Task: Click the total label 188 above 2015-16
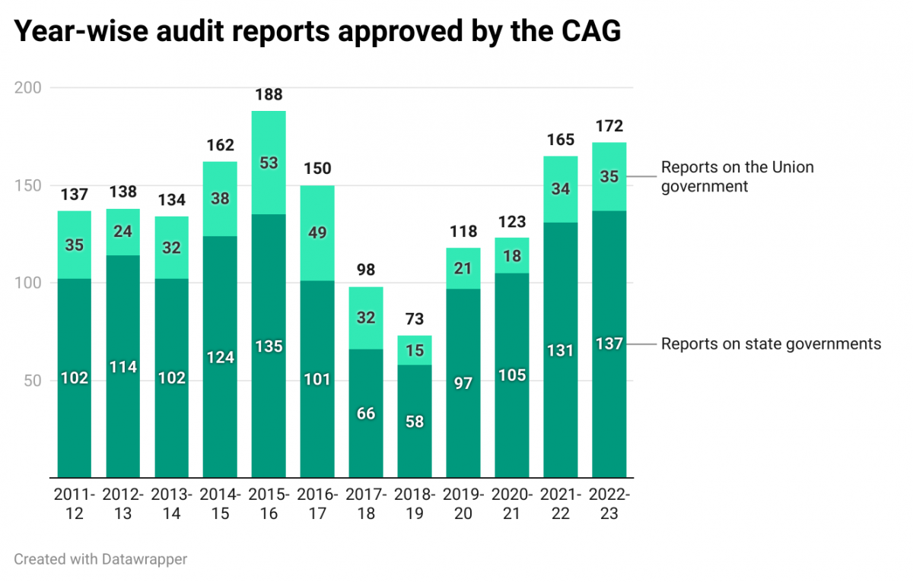coord(269,95)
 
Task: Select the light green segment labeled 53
coord(269,163)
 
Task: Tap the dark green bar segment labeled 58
coord(415,422)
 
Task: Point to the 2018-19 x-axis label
coord(415,504)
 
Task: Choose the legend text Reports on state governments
coord(770,344)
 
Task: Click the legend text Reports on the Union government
coord(736,176)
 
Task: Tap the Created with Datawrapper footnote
coord(100,559)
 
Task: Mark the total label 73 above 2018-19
coord(415,319)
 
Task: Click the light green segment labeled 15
coord(415,350)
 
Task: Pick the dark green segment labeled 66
coord(366,414)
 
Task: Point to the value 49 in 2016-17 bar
coord(317,232)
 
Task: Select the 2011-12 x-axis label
coord(75,504)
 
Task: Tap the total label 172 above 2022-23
coord(609,125)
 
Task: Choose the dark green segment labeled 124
coord(220,356)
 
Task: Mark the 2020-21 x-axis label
coord(512,504)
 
